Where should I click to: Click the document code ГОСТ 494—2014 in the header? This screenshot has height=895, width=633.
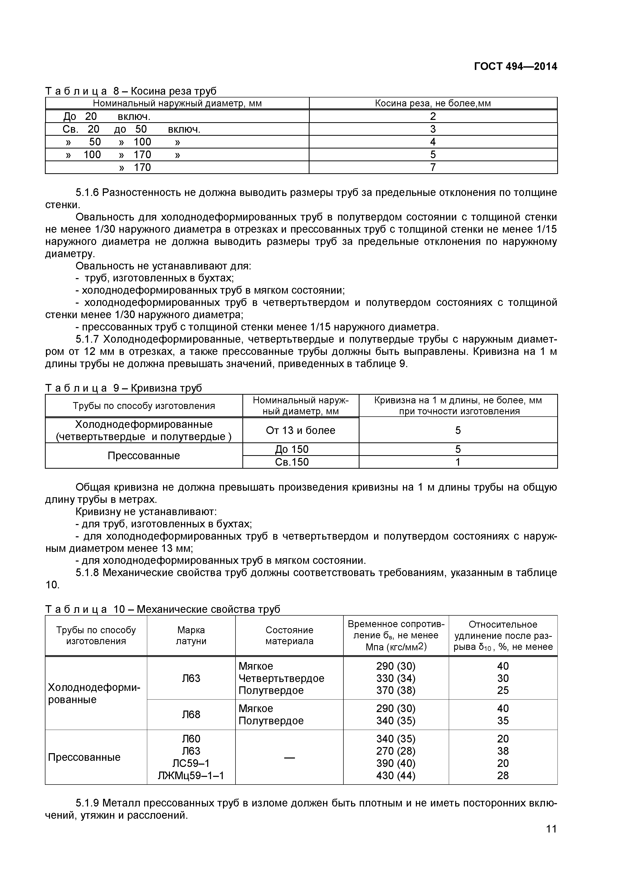[x=515, y=67]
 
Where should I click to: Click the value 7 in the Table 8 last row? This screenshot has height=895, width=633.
[x=433, y=168]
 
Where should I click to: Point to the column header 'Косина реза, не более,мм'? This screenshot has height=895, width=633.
[x=433, y=103]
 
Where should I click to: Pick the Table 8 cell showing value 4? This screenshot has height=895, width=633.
[x=433, y=142]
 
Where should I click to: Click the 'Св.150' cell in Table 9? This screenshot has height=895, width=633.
[x=292, y=462]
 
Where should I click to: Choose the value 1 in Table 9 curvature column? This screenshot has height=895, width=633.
[x=458, y=462]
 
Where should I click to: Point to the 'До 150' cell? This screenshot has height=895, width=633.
[x=292, y=450]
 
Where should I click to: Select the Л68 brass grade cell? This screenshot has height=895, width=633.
[x=191, y=715]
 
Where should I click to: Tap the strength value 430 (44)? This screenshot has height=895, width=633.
[x=396, y=776]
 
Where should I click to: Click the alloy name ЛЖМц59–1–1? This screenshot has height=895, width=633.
[x=191, y=776]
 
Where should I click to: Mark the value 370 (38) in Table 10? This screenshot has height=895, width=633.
[x=396, y=690]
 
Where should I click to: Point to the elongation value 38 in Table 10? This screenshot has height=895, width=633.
[x=503, y=751]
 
